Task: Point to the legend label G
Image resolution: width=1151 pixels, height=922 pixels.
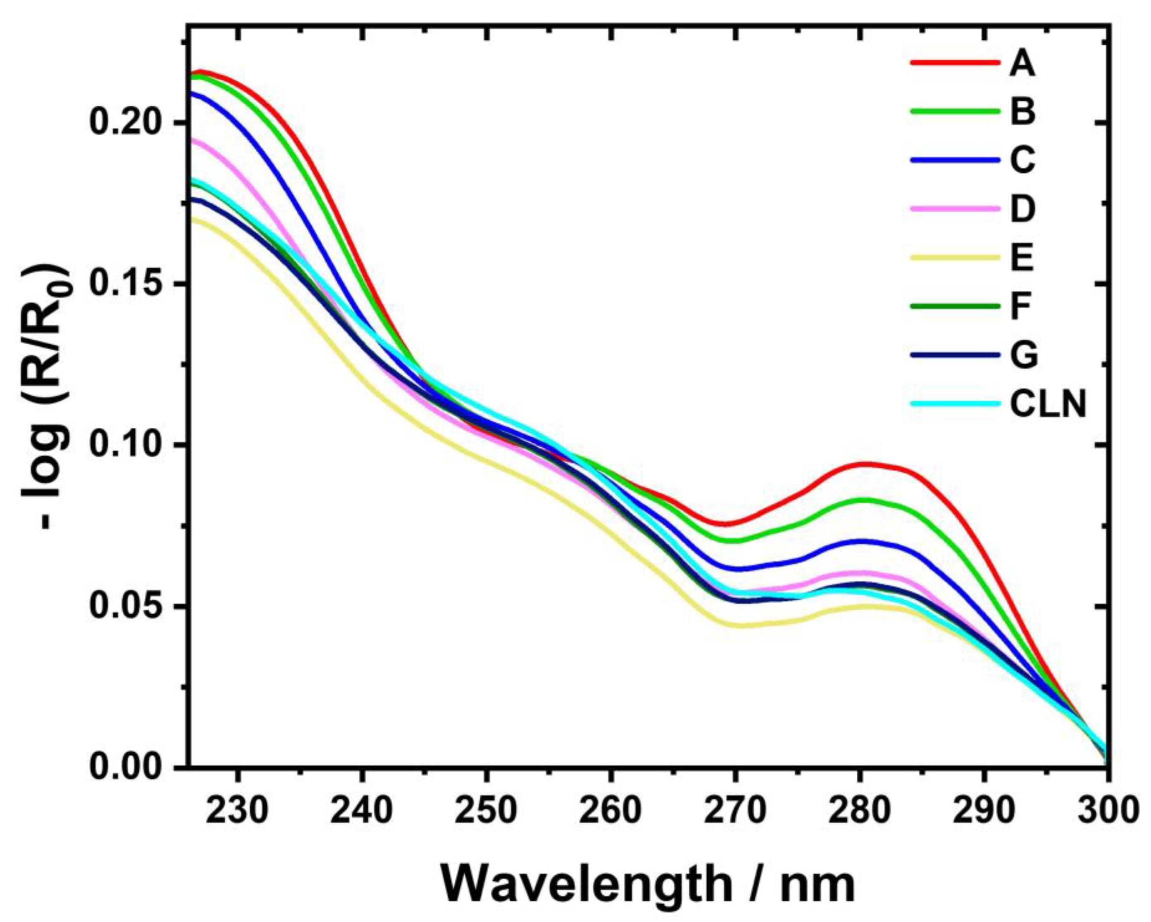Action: click(1023, 355)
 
